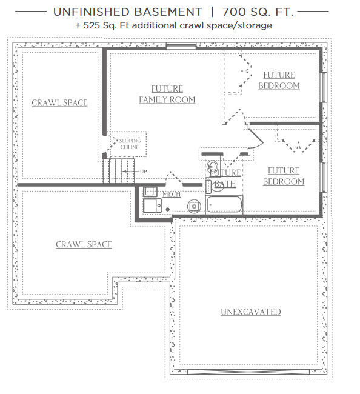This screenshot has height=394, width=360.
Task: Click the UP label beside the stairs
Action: coord(143,172)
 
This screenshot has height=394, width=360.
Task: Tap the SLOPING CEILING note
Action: coord(130,144)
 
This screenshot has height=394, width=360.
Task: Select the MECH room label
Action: coord(172,194)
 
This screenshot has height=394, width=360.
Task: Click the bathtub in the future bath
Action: coord(224,204)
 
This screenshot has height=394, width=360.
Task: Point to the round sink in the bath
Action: coord(213,166)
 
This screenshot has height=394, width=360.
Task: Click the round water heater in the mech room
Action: coord(194,206)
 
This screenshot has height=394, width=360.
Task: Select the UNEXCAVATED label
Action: coord(251,312)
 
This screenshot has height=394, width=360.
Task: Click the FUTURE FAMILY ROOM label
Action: coord(167,94)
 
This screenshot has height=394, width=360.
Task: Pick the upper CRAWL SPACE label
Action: coord(59,103)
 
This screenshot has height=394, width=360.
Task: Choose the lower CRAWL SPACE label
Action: coord(84,244)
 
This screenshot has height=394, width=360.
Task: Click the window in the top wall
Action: coord(181,45)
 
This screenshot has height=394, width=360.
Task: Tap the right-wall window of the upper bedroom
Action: coord(324,87)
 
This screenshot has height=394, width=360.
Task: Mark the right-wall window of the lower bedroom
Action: coord(324,177)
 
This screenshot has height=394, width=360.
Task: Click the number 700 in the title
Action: coord(232,12)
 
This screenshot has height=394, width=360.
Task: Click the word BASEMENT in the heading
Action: coord(167,12)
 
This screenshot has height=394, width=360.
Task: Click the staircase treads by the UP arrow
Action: coord(118,170)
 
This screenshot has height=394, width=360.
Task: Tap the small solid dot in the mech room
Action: coord(167,209)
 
